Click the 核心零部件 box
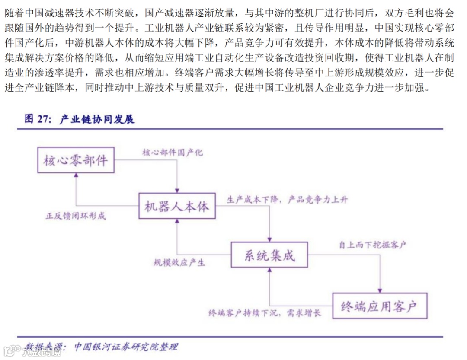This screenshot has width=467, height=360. [x=75, y=161]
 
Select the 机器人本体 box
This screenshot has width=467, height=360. [x=177, y=206]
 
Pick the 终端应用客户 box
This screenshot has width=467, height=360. [x=379, y=306]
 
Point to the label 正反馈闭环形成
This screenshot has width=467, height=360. [x=76, y=216]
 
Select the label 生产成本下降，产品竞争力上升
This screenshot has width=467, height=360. [x=287, y=200]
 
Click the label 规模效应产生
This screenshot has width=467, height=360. [x=179, y=262]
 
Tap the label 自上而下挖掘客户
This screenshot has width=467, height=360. [x=372, y=245]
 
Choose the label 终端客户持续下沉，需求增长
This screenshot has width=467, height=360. [x=265, y=313]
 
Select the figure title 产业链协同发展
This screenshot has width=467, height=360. [x=97, y=119]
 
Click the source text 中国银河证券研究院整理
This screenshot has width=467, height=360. [x=126, y=347]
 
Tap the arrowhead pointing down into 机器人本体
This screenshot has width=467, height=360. [x=177, y=191]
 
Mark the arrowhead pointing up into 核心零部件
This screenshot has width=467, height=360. [x=76, y=176]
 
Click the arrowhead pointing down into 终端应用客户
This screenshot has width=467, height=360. [x=380, y=290]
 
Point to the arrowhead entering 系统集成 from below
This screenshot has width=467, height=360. [x=269, y=270]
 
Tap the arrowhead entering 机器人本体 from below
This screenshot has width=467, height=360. [x=177, y=222]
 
